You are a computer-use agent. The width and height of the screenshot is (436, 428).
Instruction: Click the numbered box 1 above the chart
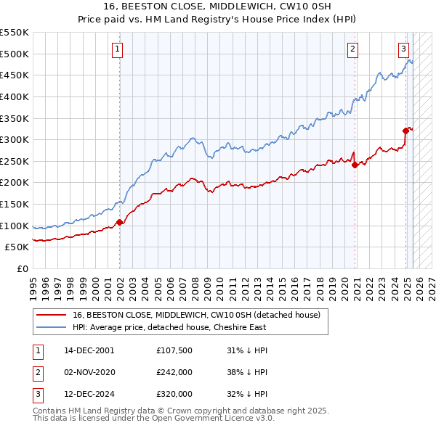[117, 49]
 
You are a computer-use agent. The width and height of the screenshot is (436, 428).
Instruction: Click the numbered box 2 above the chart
[352, 49]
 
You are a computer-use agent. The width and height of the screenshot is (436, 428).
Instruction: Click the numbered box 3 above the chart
[403, 49]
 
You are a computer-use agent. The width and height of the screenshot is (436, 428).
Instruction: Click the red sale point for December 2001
[120, 223]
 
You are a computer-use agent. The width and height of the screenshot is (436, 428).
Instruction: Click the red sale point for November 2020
[355, 165]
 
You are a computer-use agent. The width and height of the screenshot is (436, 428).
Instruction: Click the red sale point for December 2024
[406, 131]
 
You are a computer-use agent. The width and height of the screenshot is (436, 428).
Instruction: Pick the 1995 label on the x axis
[33, 287]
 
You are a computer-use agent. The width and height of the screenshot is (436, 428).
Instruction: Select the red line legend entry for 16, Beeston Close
[201, 315]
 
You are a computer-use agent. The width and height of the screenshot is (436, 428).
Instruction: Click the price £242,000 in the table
[174, 372]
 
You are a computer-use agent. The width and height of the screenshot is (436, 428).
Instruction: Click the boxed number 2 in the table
[36, 372]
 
